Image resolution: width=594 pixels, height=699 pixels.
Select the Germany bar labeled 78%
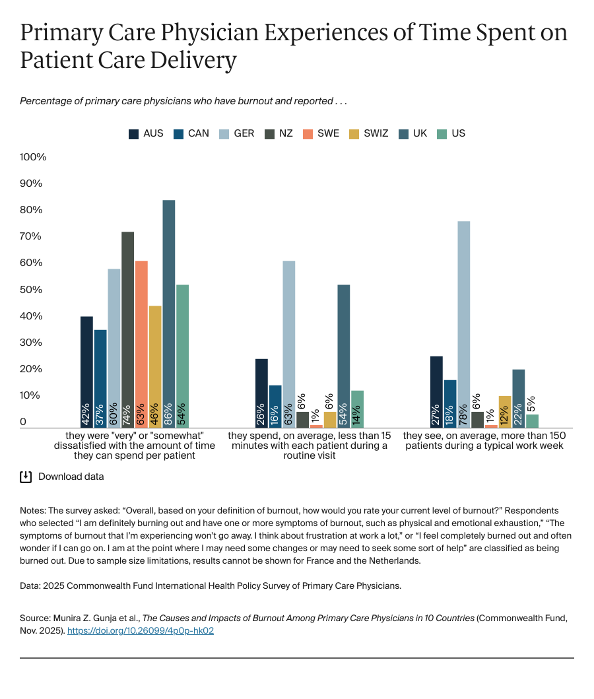[463, 324]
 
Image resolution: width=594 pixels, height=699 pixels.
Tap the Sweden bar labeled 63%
[141, 344]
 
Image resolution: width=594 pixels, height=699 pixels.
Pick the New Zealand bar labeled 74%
[127, 329]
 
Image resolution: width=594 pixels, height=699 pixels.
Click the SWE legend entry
[321, 133]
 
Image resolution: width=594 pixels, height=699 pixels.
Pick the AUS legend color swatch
[133, 134]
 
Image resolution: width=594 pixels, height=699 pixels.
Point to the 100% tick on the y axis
[33, 157]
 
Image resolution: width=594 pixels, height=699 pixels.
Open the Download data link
[71, 477]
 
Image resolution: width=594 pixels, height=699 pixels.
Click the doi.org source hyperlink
[141, 630]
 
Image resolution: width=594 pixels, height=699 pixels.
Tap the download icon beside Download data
[26, 477]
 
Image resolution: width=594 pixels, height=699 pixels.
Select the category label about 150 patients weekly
[484, 441]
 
